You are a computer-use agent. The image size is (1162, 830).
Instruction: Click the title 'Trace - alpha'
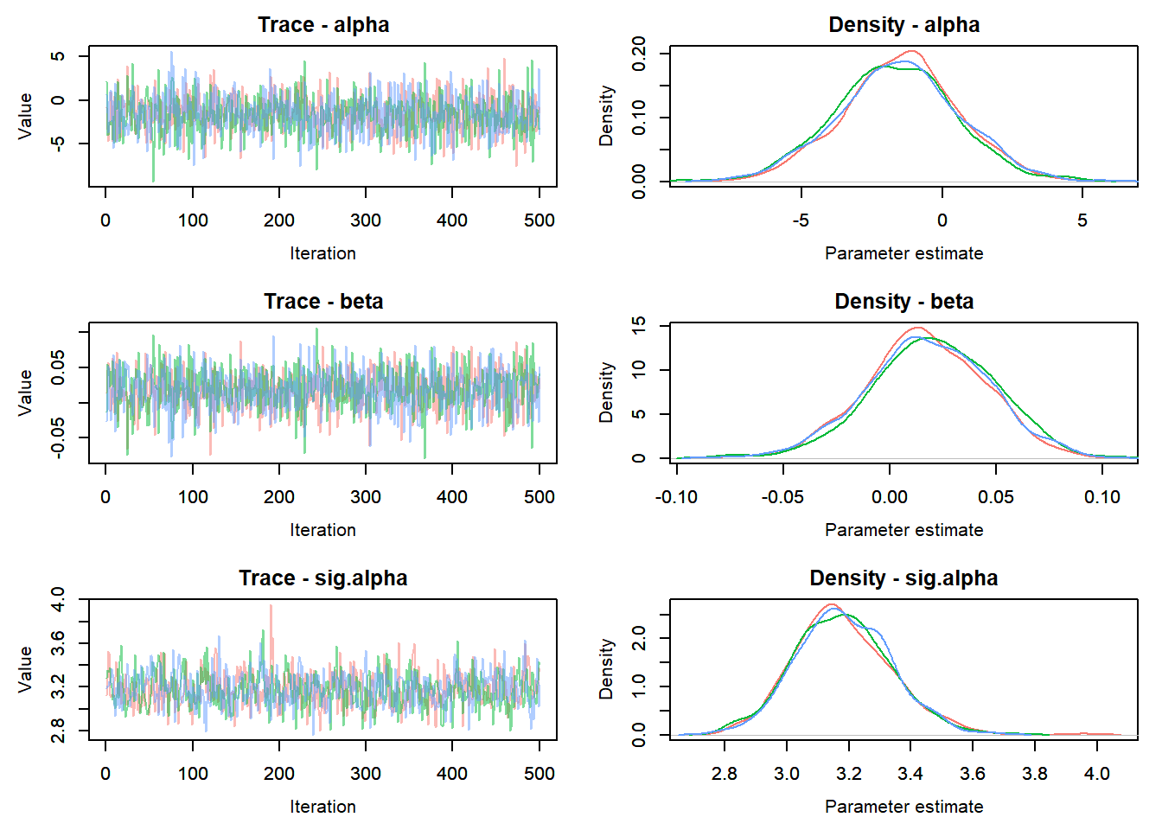(323, 25)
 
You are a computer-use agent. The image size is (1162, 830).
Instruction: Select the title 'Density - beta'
(903, 302)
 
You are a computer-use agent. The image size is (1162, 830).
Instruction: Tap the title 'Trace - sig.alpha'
(323, 578)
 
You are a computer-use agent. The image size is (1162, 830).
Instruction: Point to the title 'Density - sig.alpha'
(903, 578)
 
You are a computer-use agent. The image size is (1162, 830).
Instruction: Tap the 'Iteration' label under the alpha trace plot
(323, 253)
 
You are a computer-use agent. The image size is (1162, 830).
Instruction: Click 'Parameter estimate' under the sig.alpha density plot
(903, 807)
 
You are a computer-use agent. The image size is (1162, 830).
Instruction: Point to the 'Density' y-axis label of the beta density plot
(606, 393)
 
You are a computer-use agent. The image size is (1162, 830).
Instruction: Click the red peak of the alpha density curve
(911, 51)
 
